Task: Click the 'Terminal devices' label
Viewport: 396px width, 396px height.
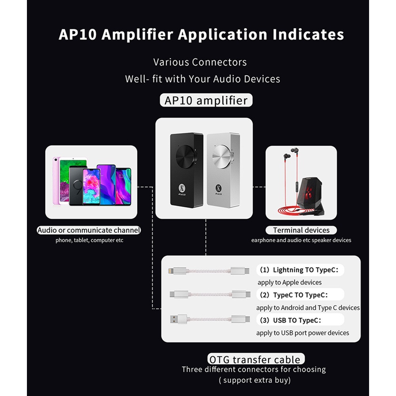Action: [x=301, y=230]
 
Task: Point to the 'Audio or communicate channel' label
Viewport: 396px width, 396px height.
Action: [x=89, y=230]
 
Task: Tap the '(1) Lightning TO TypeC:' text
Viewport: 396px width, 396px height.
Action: [x=300, y=270]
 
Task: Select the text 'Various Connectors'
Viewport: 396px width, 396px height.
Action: [x=200, y=62]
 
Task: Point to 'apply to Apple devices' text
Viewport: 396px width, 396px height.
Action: [x=289, y=282]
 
